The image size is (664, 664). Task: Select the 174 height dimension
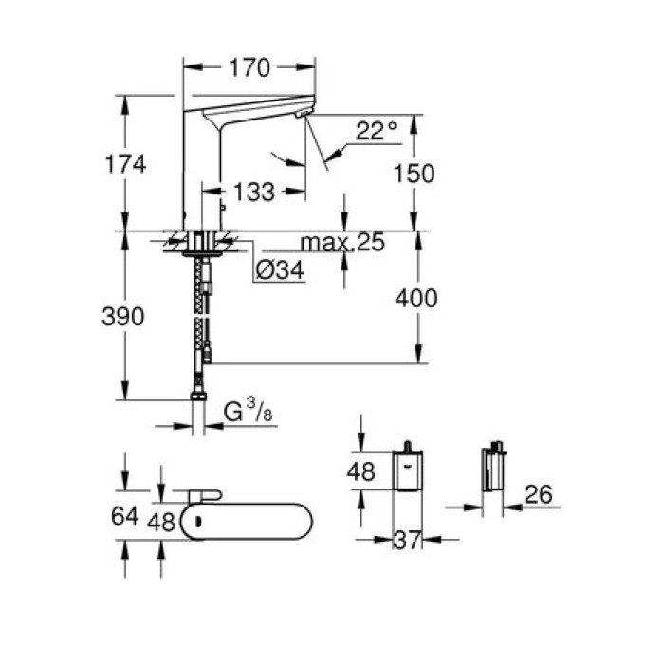pos(127,163)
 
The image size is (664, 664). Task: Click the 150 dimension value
pos(415,174)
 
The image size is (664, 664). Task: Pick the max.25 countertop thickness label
pos(341,244)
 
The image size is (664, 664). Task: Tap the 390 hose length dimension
pos(123,317)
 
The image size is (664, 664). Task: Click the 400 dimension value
pos(417,299)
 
